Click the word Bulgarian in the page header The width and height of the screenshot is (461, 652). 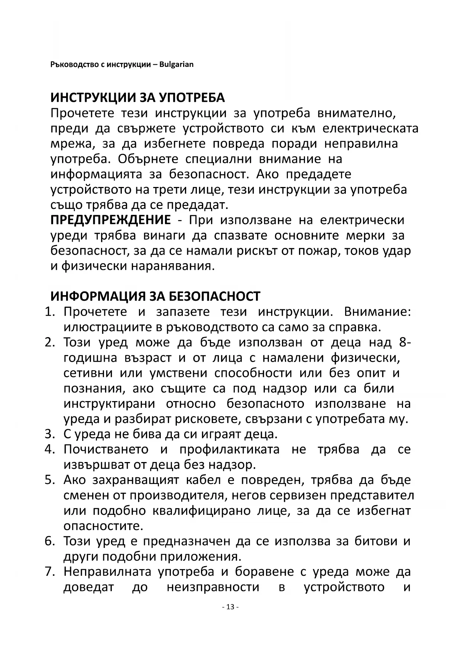click(176, 64)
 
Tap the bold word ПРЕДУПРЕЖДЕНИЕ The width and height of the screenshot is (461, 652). click(111, 220)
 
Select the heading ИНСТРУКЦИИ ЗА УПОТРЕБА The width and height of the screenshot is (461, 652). click(137, 97)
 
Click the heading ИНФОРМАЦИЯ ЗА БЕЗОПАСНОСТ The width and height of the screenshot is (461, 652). click(155, 296)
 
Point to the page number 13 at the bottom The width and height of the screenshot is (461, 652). click(230, 607)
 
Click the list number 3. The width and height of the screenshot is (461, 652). click(49, 434)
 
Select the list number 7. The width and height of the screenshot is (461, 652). click(49, 571)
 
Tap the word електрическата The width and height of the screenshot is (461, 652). click(370, 128)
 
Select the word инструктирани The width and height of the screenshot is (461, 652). click(109, 403)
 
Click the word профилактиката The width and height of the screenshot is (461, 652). click(229, 449)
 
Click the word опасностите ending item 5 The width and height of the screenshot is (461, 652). click(103, 526)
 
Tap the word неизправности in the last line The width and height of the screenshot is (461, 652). click(212, 587)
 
